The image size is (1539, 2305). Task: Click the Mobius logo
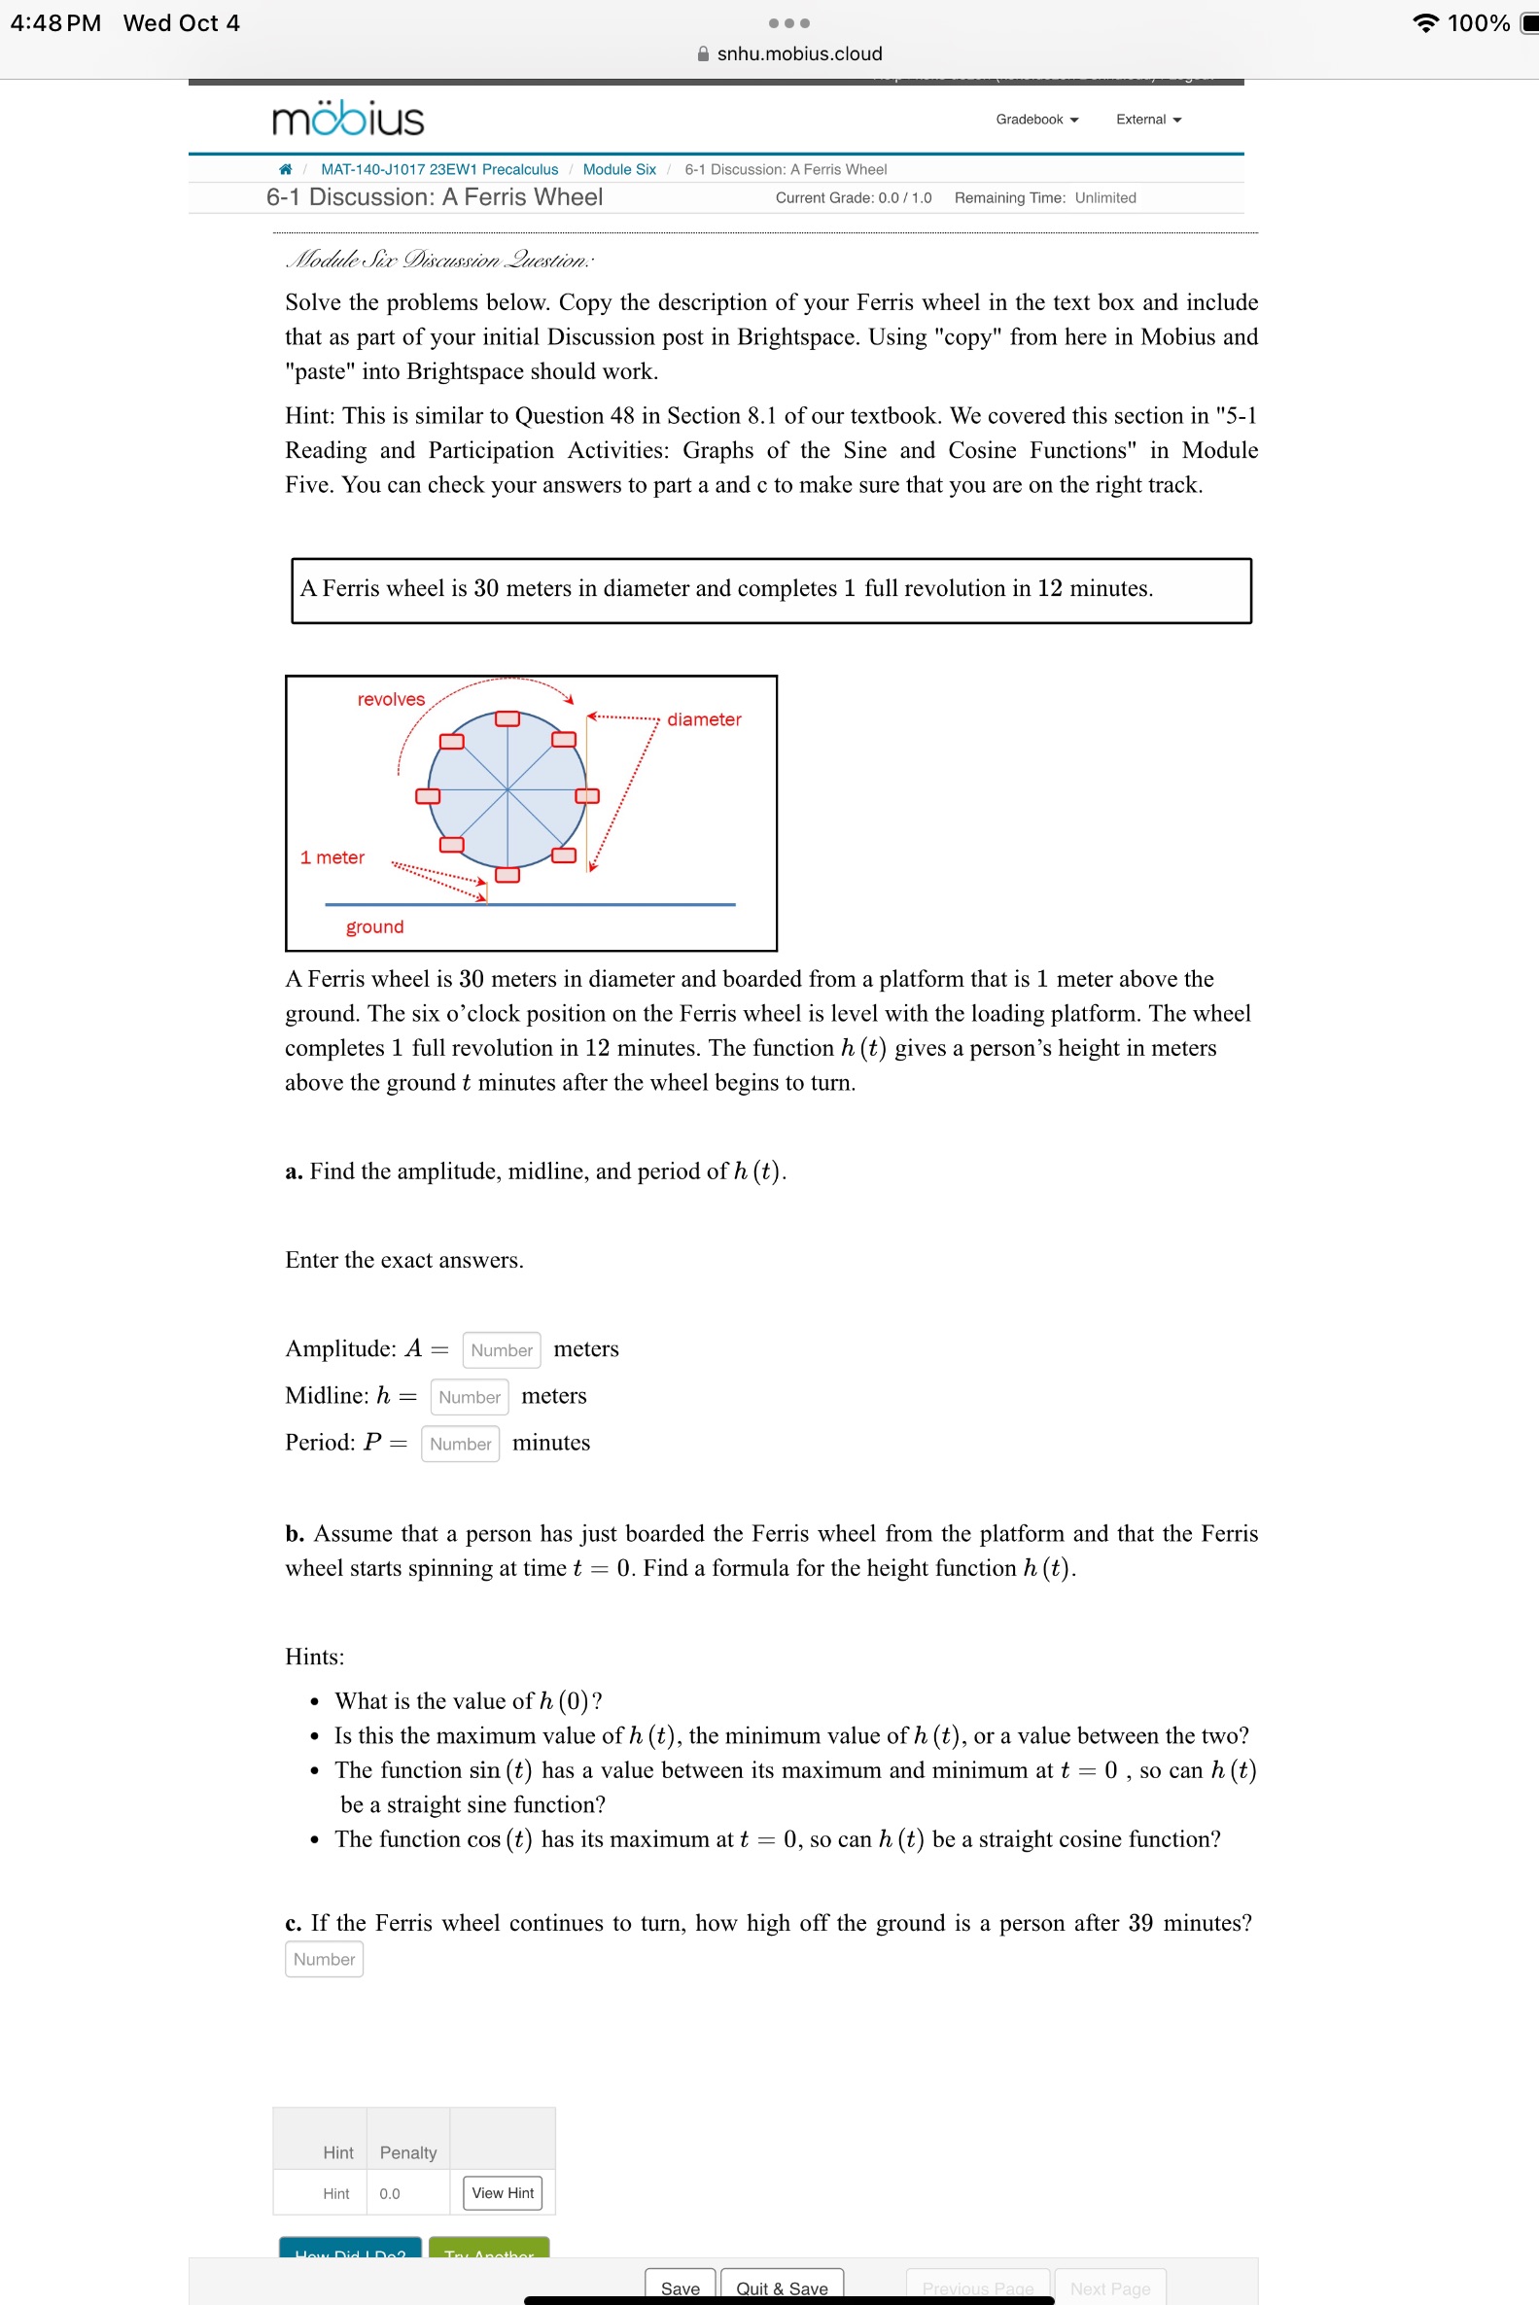pyautogui.click(x=347, y=119)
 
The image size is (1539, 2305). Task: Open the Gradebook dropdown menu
pyautogui.click(x=1036, y=120)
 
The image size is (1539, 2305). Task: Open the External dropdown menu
pyautogui.click(x=1147, y=120)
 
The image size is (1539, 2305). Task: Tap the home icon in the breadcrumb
pyautogui.click(x=286, y=170)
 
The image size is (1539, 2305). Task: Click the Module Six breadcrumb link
pyautogui.click(x=618, y=170)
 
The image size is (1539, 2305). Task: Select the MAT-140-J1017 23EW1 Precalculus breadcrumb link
pyautogui.click(x=438, y=170)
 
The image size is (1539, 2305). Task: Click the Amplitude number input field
pyautogui.click(x=501, y=1350)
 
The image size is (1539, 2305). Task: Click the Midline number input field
pyautogui.click(x=470, y=1397)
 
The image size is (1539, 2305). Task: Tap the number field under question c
pyautogui.click(x=324, y=1960)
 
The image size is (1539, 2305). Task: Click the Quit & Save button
pyautogui.click(x=782, y=2288)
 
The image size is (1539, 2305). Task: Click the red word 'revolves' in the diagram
pyautogui.click(x=391, y=700)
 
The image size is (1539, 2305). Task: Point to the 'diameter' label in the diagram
pyautogui.click(x=704, y=720)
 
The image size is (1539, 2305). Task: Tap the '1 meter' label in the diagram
pyautogui.click(x=332, y=857)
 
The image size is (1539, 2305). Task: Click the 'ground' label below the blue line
pyautogui.click(x=374, y=927)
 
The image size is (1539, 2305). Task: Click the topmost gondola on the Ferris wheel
pyautogui.click(x=507, y=719)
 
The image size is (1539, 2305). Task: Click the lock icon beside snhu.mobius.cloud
pyautogui.click(x=703, y=54)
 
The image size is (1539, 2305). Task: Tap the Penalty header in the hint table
pyautogui.click(x=407, y=2153)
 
